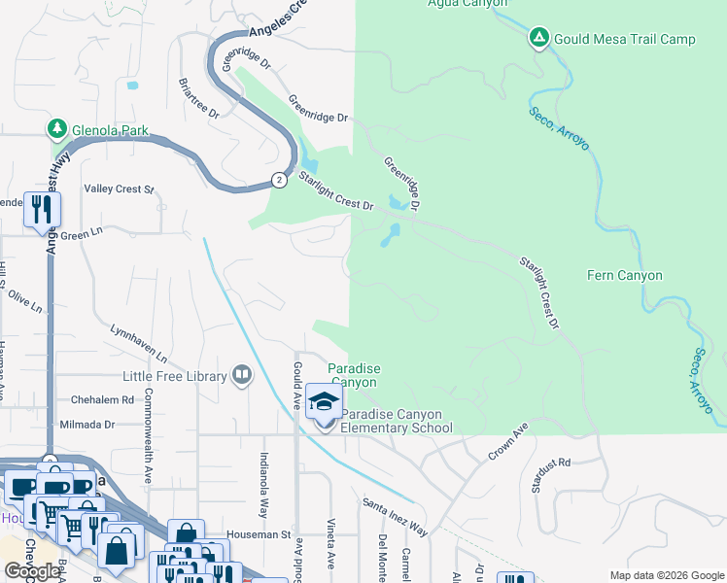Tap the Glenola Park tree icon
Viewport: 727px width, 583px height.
(57, 129)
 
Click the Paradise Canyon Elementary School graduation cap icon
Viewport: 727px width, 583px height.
(325, 400)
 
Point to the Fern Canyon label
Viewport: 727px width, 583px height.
(624, 275)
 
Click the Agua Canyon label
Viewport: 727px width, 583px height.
(467, 3)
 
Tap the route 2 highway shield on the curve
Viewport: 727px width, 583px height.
(279, 180)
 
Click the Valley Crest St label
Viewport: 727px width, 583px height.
(120, 189)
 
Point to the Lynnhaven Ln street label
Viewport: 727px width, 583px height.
(139, 343)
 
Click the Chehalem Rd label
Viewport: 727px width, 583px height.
(102, 399)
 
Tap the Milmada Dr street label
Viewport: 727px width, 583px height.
(87, 425)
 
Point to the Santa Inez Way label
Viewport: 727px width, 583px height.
(395, 516)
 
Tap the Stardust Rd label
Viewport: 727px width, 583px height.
(550, 477)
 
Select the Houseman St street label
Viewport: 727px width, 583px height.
(259, 534)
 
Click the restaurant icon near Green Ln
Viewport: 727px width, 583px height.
(42, 210)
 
